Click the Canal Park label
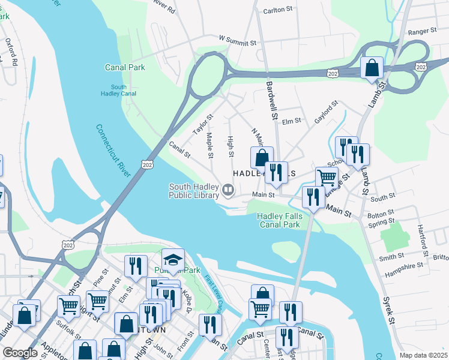tap(125, 68)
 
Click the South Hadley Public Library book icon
tap(228, 191)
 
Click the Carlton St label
tap(277, 11)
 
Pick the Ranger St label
tap(422, 31)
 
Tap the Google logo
tap(20, 353)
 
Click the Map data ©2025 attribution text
tap(423, 355)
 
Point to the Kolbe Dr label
tap(187, 301)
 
